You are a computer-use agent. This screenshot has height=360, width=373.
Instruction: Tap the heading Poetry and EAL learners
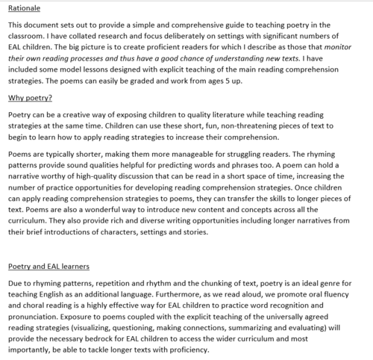(x=49, y=266)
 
